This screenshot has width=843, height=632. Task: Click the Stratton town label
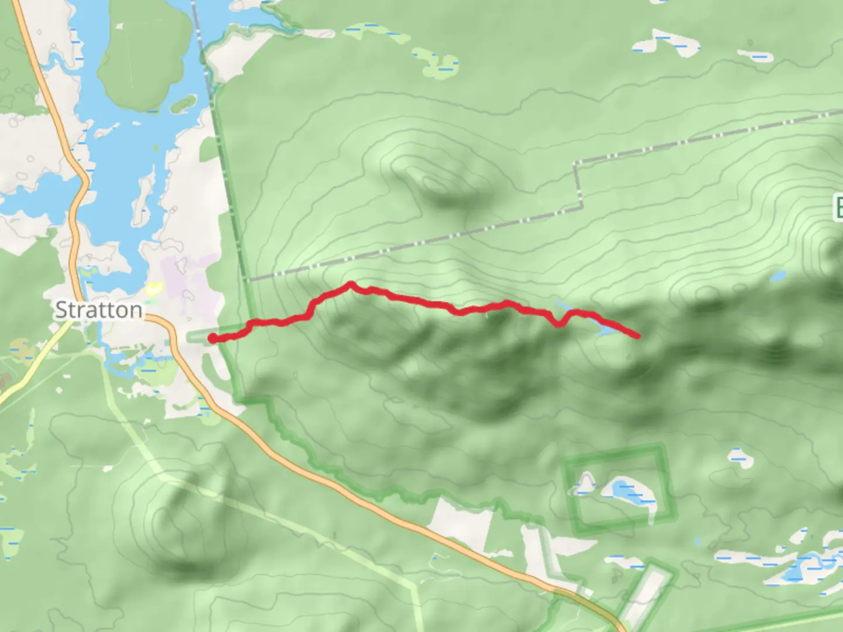coord(98,310)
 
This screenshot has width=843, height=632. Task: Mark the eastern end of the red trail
coord(636,335)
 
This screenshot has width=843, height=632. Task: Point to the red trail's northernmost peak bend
coord(351,284)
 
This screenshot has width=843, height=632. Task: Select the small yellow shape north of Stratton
coord(153,287)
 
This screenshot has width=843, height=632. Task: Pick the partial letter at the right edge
coord(838,208)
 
